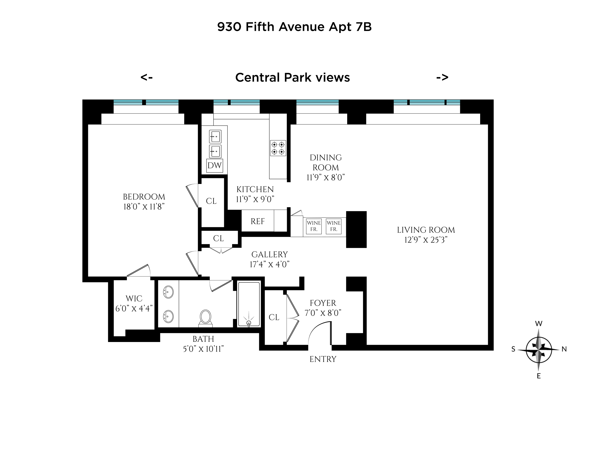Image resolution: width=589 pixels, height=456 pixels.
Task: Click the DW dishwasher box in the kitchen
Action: (x=214, y=166)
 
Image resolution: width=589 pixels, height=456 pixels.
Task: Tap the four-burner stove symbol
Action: (x=278, y=148)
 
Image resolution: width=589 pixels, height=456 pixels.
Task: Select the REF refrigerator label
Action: (x=257, y=222)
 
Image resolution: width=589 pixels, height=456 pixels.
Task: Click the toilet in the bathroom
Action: (x=206, y=317)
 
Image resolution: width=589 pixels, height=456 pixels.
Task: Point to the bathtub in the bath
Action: (x=249, y=304)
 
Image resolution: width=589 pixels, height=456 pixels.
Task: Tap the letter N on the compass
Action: (x=564, y=349)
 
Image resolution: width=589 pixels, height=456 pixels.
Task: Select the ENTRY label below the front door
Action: (x=323, y=359)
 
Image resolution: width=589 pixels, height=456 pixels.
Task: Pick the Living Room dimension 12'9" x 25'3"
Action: (x=426, y=240)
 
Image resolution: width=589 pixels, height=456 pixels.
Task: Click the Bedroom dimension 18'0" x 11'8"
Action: (x=144, y=207)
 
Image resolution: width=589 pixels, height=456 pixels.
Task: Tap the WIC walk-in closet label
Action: (x=134, y=298)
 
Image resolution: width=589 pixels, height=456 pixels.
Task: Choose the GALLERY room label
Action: (x=269, y=254)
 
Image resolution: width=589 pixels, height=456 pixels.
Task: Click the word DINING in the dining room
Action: (x=326, y=158)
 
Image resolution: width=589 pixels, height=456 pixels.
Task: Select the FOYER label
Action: (x=323, y=303)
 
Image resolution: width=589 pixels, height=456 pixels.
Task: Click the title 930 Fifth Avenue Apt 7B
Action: (x=294, y=27)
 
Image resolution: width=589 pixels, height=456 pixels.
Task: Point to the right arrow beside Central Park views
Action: (x=442, y=77)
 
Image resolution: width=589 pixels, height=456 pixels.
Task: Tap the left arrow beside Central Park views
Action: (x=147, y=77)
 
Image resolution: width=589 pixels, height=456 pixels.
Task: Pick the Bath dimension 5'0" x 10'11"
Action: (x=203, y=349)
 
